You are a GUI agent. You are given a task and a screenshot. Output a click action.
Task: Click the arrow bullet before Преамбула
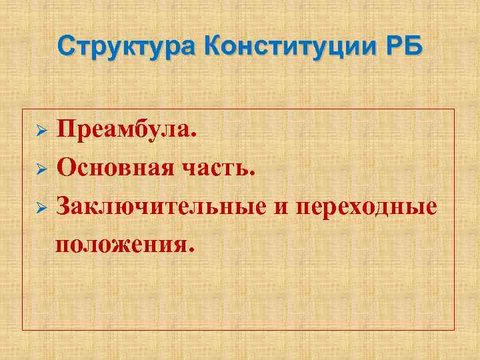click(x=40, y=129)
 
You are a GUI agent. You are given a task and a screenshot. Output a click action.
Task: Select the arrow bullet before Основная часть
click(x=40, y=169)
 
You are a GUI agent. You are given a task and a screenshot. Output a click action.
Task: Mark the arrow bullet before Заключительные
click(x=40, y=208)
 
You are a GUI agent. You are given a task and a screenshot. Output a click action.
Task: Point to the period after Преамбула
click(x=194, y=134)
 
